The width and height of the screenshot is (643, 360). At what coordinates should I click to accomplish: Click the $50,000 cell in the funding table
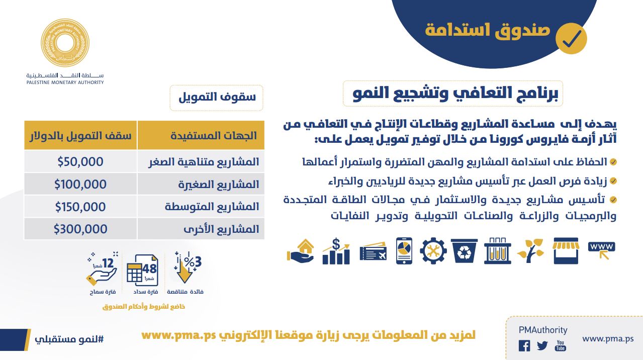80,161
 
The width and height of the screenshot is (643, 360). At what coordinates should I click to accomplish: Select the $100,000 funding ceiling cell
80,184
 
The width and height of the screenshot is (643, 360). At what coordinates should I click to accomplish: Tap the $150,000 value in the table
80,207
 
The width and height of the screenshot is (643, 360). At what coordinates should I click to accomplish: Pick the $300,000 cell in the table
80,229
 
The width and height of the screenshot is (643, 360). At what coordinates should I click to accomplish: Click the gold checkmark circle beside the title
571,39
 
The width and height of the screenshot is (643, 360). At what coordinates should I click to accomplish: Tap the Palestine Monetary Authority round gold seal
65,43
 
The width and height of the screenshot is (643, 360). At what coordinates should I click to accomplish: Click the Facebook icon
524,345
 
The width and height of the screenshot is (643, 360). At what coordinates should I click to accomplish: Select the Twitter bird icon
542,345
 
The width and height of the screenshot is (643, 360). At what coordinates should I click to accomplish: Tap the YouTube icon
561,345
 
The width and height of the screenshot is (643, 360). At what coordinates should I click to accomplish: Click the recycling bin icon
464,250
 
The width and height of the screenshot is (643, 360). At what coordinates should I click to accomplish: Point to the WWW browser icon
602,249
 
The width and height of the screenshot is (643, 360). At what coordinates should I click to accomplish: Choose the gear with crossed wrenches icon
433,250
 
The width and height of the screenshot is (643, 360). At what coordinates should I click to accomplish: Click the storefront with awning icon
566,250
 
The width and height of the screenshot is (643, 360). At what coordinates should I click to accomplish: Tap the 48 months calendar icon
142,270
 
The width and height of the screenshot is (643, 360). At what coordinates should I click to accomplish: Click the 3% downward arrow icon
188,267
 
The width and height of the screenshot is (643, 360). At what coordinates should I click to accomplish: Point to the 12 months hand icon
102,268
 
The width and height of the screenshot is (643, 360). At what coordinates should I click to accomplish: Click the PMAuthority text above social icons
543,330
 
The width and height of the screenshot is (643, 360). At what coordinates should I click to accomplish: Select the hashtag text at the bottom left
69,339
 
